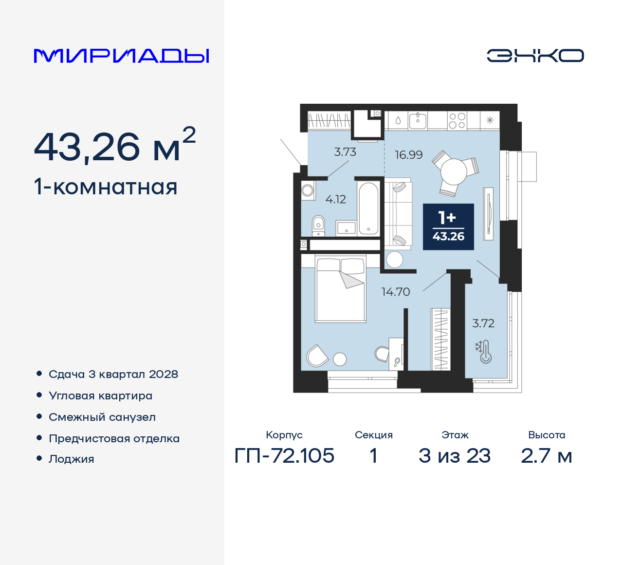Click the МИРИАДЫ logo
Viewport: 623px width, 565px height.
122,56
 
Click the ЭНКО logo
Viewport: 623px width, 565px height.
535,56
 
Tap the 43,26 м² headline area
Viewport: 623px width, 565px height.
115,146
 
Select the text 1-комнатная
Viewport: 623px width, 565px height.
106,187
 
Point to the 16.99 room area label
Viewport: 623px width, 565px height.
408,155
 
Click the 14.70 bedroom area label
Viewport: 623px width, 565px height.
395,292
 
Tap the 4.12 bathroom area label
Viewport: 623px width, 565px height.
335,199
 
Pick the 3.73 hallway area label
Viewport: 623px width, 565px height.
345,152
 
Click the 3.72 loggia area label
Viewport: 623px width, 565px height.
483,323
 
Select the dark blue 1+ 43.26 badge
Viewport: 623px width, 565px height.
448,227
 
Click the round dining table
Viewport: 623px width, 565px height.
454,171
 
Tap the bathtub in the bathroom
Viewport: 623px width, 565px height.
368,208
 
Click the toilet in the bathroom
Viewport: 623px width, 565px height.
318,225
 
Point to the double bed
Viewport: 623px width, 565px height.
340,290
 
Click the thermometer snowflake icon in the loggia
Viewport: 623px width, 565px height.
484,352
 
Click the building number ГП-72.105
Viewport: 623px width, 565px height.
284,456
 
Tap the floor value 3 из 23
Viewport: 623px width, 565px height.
454,456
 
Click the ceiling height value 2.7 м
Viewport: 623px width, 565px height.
546,456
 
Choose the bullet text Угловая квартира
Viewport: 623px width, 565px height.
100,396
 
